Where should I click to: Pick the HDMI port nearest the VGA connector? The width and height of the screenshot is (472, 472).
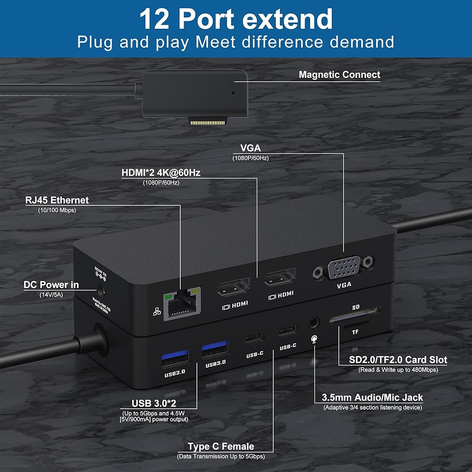click(x=279, y=279)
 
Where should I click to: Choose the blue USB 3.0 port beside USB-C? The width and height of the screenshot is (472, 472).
click(x=216, y=351)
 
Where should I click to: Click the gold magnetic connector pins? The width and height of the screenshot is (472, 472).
click(x=208, y=122)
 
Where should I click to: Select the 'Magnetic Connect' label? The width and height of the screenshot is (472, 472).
click(x=339, y=75)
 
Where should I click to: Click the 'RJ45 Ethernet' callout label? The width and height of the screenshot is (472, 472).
click(x=57, y=200)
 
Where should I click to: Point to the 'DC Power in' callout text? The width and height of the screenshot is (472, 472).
click(x=51, y=285)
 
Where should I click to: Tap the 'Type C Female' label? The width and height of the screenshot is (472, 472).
click(x=221, y=447)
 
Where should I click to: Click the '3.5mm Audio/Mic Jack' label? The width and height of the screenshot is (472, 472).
click(x=372, y=397)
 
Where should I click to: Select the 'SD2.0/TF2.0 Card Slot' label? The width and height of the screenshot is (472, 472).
click(x=398, y=360)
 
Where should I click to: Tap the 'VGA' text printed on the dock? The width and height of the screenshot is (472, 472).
click(x=344, y=285)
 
